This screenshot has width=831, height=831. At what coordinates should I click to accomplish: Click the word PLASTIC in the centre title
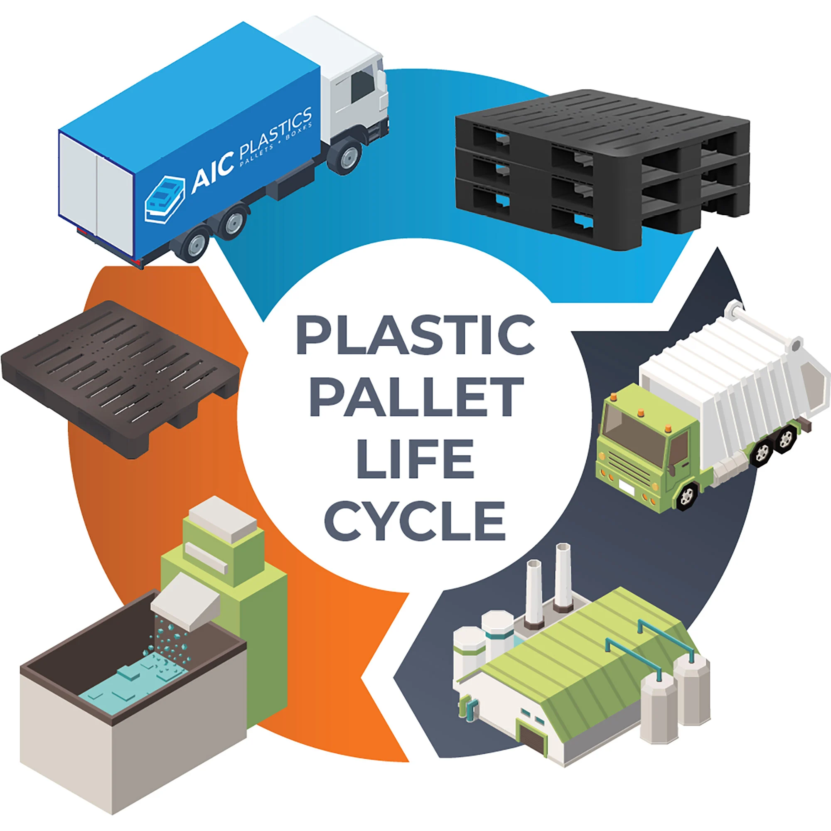[x=415, y=334]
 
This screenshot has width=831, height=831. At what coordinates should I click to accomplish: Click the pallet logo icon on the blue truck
[x=164, y=199]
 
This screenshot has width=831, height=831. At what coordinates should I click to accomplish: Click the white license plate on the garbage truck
[x=626, y=488]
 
